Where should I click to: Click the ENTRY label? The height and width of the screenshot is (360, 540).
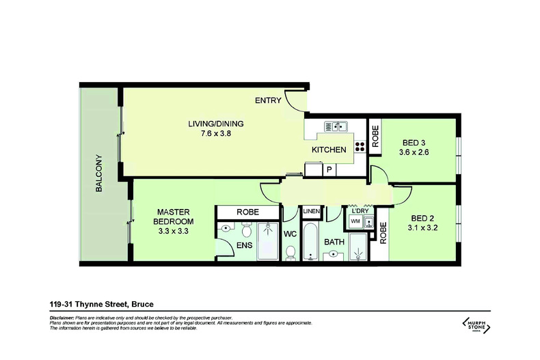268,101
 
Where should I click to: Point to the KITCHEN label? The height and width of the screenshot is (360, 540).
329,150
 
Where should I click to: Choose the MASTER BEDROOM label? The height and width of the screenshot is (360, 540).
167,217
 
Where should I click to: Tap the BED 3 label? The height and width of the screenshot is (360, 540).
414,143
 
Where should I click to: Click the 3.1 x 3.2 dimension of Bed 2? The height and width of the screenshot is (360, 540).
422,227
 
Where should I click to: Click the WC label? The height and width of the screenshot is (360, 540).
291,233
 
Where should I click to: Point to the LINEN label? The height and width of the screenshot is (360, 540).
311,211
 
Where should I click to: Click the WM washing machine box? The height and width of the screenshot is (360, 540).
356,221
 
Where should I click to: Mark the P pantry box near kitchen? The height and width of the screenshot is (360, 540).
329,169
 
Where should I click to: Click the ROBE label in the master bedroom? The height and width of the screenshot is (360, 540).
247,212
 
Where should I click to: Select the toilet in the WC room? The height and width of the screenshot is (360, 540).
291,253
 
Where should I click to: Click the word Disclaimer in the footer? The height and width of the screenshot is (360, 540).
62,318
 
